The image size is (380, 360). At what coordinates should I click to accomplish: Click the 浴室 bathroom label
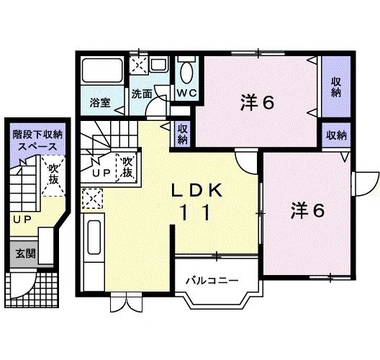tap(99, 102)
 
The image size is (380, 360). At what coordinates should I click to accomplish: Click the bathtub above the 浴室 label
tap(103, 73)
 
